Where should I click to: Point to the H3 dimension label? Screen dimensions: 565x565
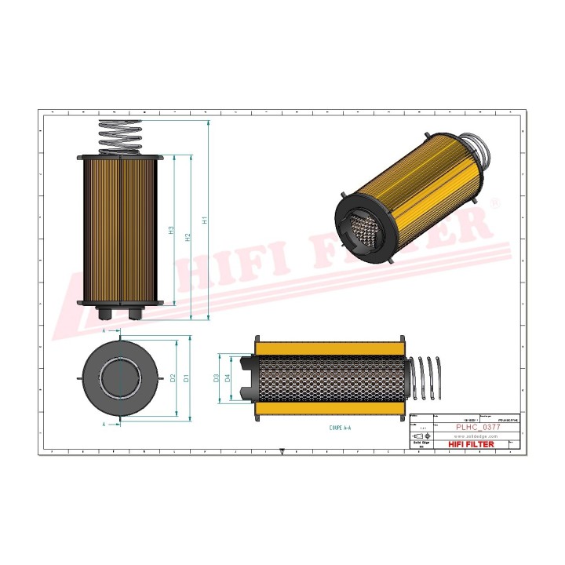pos(171,231)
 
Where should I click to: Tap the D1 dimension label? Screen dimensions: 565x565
pos(186,378)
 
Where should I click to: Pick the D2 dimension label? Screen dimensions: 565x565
pos(172,378)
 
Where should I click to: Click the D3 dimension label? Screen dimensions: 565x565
pos(217,378)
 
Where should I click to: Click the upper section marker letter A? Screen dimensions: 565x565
pos(106,331)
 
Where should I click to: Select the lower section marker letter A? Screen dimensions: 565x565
pos(106,424)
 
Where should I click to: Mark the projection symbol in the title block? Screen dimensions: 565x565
pos(418,436)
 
